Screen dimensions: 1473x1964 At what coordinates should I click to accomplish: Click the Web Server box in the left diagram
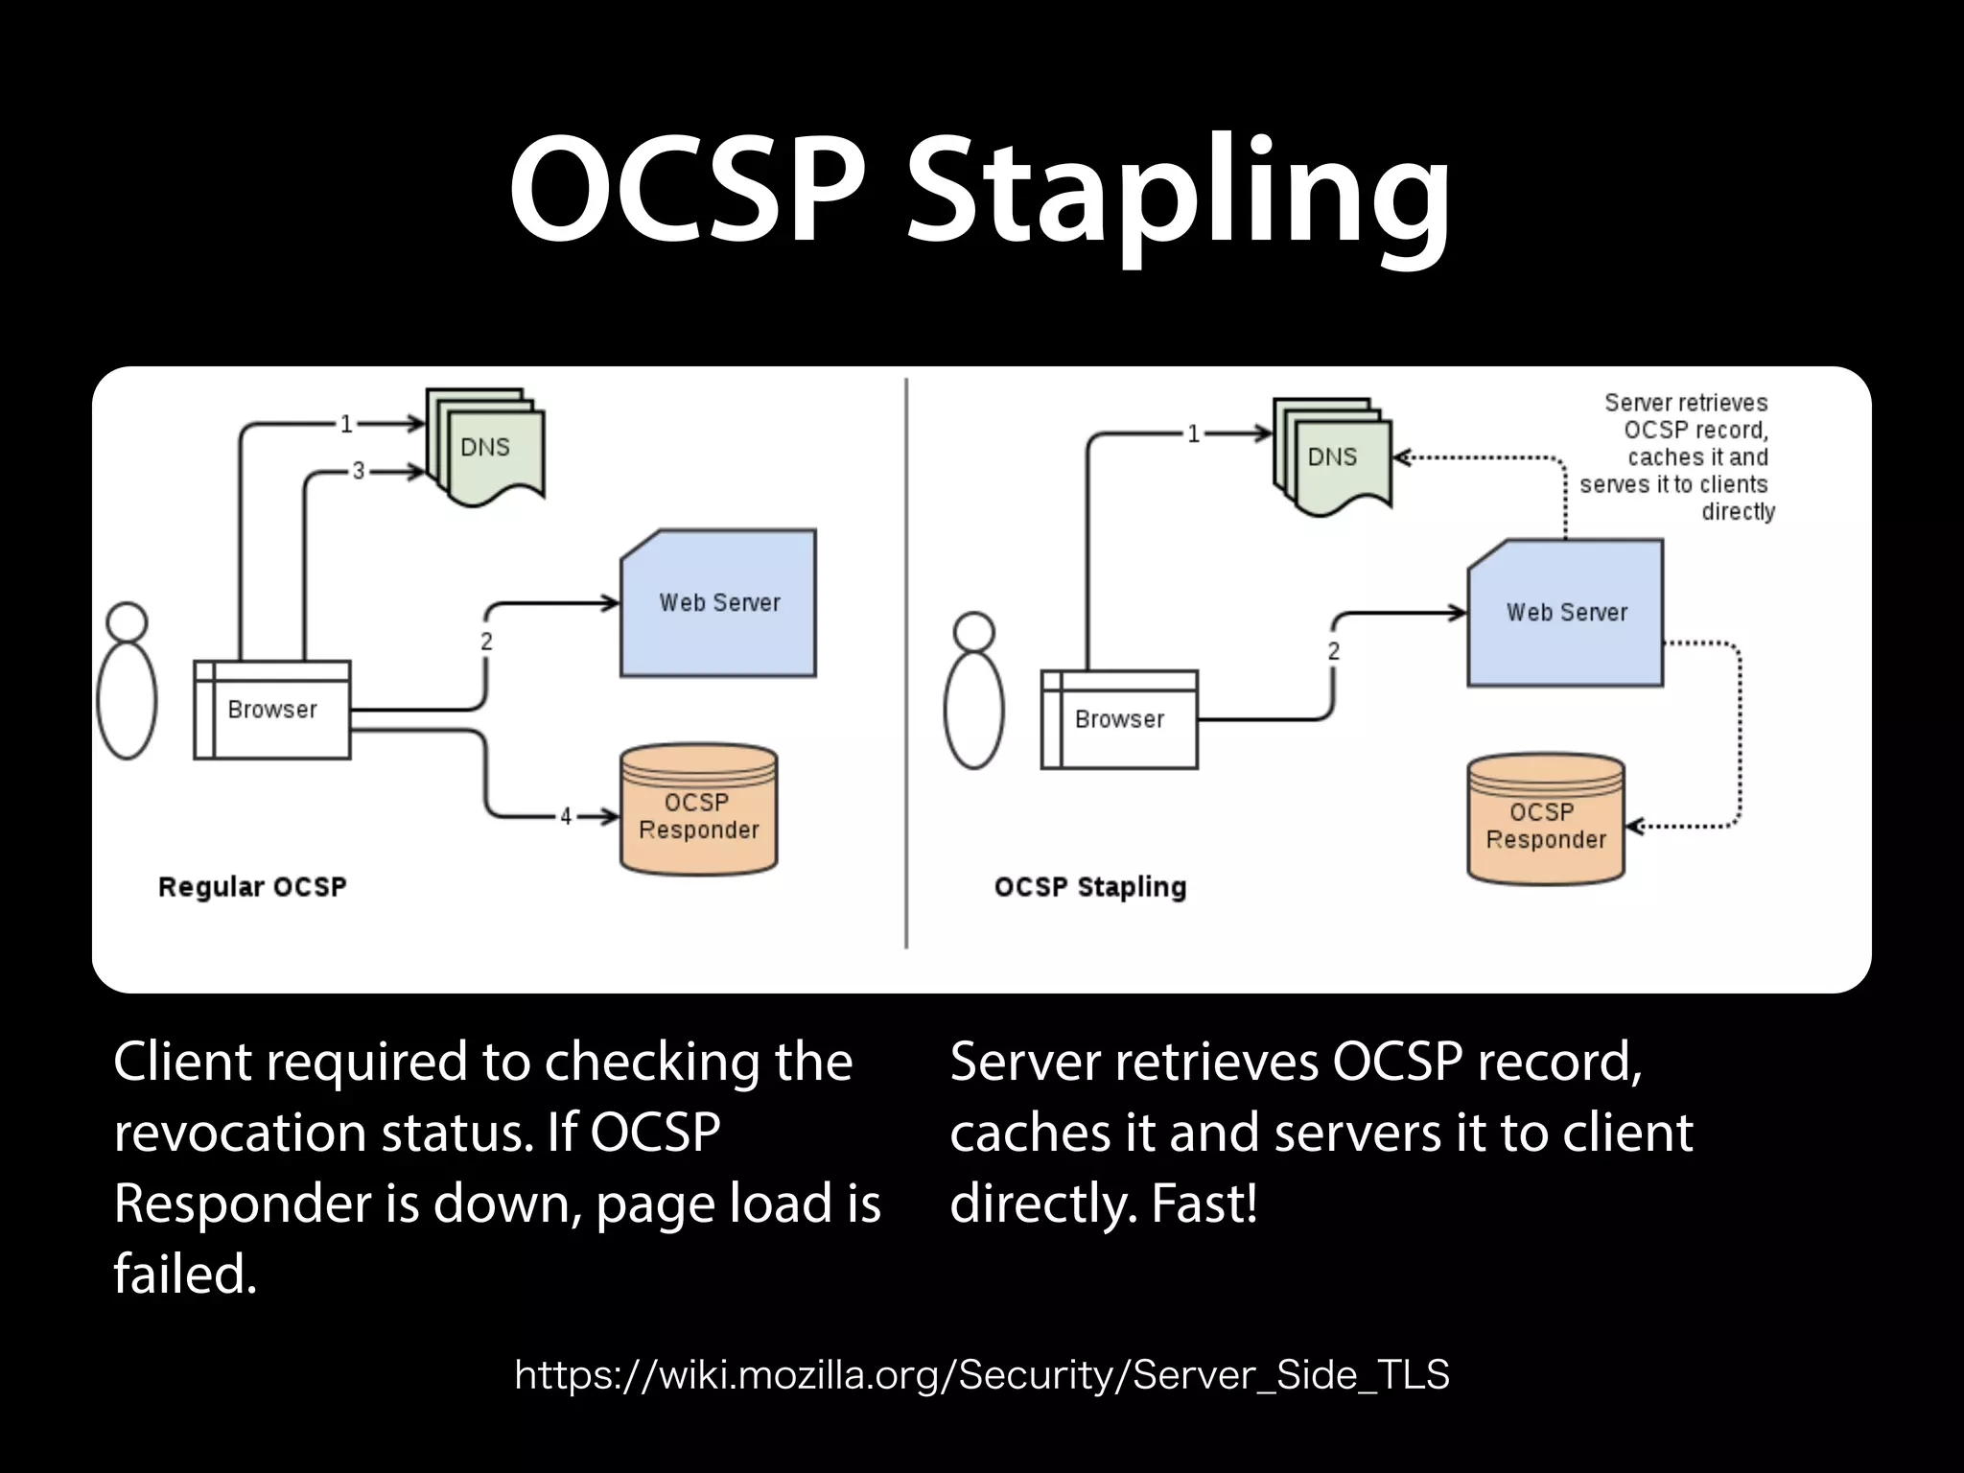tap(719, 604)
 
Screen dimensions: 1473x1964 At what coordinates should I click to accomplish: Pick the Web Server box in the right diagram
tap(1566, 614)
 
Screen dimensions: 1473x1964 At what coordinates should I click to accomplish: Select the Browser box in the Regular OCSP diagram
tap(272, 711)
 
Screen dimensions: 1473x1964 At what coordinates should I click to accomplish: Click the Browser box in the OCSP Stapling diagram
tap(1119, 720)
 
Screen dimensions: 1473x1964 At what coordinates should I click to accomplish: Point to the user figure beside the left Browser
tap(127, 683)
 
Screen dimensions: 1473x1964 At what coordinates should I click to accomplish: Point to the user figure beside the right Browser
tap(973, 692)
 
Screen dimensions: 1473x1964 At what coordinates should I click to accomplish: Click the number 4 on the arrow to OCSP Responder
tap(566, 816)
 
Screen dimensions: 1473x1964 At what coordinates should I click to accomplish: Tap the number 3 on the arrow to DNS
tap(359, 471)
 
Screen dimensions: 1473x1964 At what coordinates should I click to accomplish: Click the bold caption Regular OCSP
tap(252, 887)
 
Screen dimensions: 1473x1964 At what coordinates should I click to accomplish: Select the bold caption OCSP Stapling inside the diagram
tap(1090, 887)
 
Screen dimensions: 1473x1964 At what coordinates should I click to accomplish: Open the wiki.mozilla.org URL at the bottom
tap(981, 1375)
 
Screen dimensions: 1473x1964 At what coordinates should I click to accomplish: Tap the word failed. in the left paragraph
tap(185, 1275)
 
